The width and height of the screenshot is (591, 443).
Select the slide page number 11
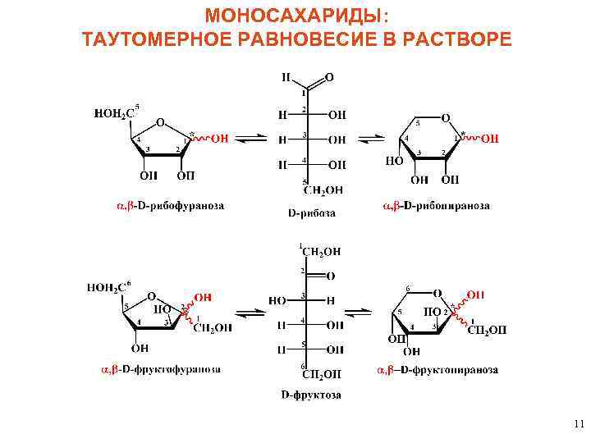point(579,424)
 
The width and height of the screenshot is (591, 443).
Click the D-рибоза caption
point(311,212)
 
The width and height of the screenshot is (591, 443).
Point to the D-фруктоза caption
point(311,395)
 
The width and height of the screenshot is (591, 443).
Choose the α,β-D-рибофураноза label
point(169,205)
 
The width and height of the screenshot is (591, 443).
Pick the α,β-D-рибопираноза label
point(437,205)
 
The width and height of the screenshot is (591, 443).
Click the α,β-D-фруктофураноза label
point(161,369)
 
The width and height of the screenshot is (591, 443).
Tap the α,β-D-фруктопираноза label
point(438,369)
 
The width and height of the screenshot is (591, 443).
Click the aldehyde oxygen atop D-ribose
point(329,78)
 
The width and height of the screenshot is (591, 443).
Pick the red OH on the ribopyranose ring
point(489,139)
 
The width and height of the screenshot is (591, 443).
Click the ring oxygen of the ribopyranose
point(445,118)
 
